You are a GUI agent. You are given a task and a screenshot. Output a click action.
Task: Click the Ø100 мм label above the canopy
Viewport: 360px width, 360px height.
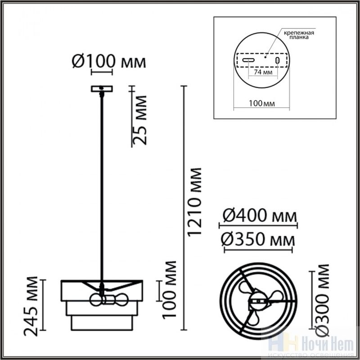[109, 62]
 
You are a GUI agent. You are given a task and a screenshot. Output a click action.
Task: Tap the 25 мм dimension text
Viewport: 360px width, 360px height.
[139, 120]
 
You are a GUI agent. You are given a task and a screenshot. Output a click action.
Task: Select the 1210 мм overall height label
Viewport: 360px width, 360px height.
[194, 202]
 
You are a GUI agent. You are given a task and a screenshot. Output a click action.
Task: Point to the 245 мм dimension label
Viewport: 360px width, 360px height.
[31, 306]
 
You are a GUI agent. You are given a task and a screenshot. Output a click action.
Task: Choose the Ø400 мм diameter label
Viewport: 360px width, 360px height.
[260, 216]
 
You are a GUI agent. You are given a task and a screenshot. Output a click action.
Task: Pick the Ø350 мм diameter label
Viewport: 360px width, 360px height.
[258, 239]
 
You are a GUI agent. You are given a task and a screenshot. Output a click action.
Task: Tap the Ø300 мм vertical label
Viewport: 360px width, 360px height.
[322, 300]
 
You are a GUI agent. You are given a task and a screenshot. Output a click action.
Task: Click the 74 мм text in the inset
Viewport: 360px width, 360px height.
[263, 72]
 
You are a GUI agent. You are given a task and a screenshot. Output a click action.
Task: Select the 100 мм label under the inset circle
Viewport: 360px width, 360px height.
[262, 103]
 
